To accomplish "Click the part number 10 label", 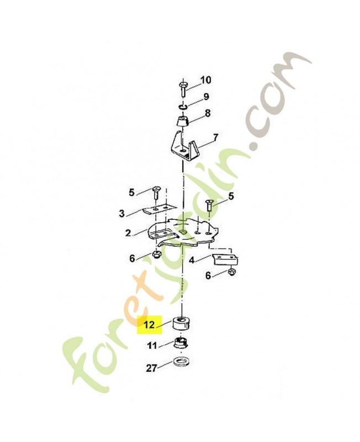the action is point(205,80).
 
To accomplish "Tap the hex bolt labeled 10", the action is point(182,90).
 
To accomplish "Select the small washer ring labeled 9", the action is point(183,107).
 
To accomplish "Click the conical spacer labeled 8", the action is point(183,121).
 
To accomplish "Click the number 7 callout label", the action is point(215,138).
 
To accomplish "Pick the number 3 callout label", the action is point(121,213).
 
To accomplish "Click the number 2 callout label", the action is point(128,233).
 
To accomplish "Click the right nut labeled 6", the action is point(232,272).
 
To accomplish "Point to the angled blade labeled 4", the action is point(226,259).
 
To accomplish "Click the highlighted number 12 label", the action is point(150,325).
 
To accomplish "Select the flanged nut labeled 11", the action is point(182,343).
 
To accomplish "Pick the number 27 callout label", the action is point(151,368).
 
